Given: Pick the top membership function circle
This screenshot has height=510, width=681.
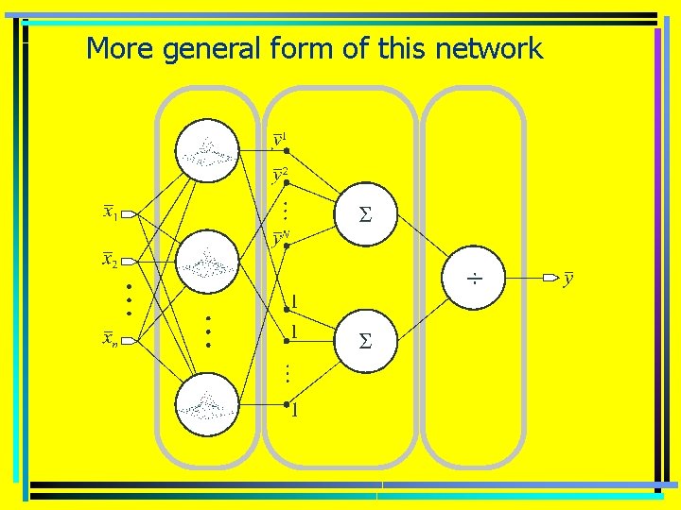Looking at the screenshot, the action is (x=207, y=151).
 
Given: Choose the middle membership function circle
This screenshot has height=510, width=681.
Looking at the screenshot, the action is (x=207, y=261).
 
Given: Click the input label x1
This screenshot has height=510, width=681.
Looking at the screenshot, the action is (x=110, y=212).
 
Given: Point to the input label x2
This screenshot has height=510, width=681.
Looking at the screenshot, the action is (x=110, y=259).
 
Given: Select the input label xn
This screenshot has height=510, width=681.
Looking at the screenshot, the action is (x=111, y=339).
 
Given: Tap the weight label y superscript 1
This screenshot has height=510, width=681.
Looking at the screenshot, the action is (x=278, y=141).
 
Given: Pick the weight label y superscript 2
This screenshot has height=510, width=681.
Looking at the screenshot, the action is (x=279, y=174).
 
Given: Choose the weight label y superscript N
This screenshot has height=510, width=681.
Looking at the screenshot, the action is (x=281, y=238).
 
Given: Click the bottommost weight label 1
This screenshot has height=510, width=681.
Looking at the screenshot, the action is (x=295, y=410).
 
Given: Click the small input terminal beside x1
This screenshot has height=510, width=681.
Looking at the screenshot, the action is (x=129, y=214).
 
